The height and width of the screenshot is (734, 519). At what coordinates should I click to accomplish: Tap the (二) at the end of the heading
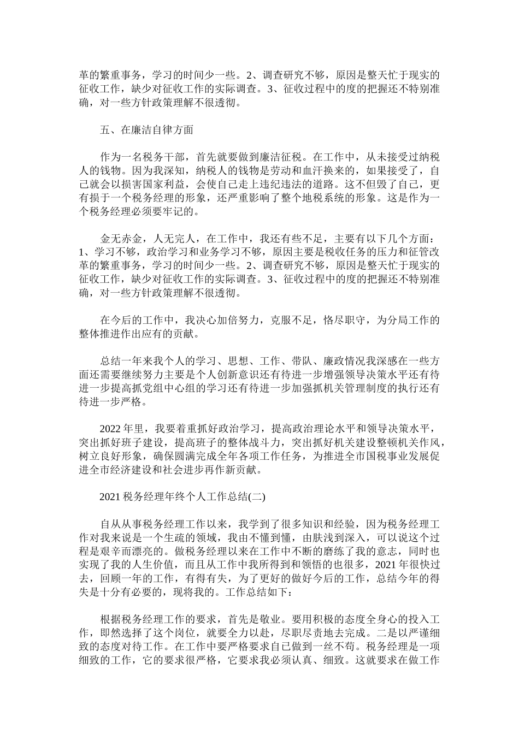point(256,496)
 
